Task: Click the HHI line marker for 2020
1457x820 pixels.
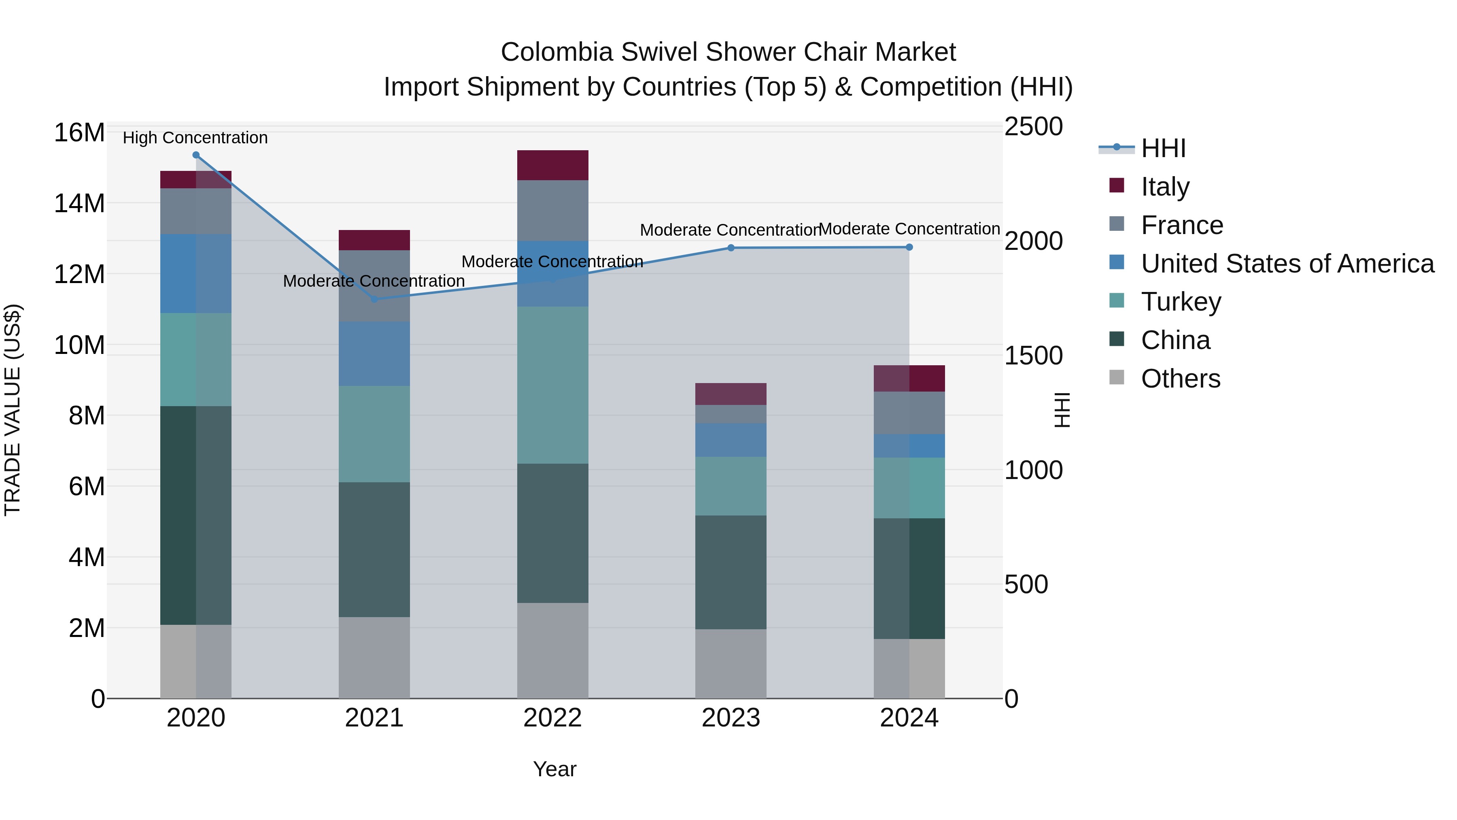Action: click(196, 155)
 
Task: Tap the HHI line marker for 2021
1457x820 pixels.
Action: click(374, 299)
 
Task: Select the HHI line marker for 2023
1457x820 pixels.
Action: click(731, 248)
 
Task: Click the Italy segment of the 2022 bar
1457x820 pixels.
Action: click(552, 165)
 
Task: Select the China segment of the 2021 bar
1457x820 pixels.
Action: click(374, 550)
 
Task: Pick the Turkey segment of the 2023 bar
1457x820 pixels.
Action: click(731, 486)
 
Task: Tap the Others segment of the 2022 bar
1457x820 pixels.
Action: click(552, 650)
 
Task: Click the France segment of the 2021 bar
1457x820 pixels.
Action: click(374, 286)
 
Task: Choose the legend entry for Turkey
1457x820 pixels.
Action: click(1181, 302)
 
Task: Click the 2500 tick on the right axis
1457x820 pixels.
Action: click(1033, 127)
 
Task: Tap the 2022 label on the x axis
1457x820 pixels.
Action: click(552, 718)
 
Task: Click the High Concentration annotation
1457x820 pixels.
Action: click(195, 138)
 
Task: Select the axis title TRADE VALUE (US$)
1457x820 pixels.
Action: click(13, 410)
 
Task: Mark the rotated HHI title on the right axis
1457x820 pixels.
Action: click(1063, 410)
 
